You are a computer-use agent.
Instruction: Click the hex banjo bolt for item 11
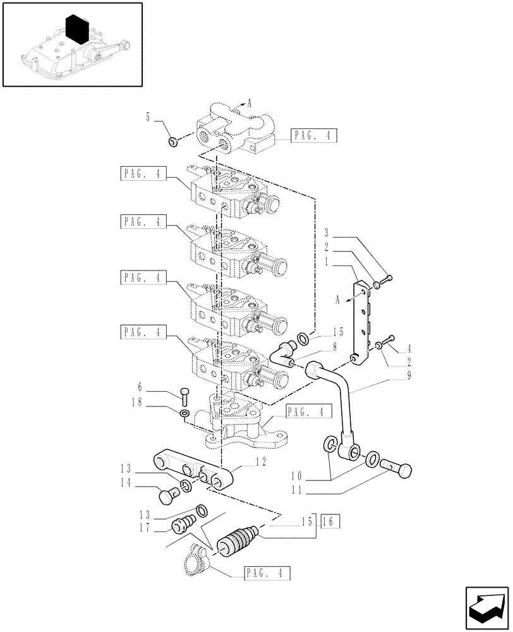pos(397,470)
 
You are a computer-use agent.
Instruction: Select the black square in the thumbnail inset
pos(76,30)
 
